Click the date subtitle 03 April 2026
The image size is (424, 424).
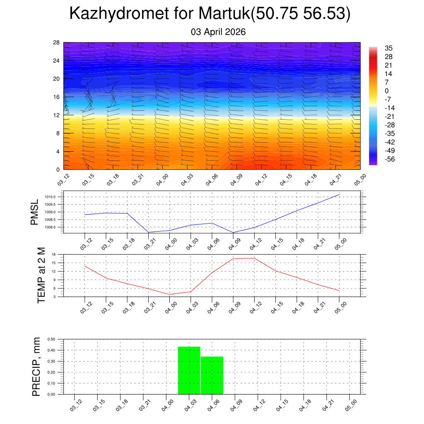point(218,32)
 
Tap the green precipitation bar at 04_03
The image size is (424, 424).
point(189,370)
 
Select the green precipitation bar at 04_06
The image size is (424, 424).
point(212,375)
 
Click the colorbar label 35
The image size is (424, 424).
point(388,48)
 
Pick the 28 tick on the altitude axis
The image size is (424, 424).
point(56,43)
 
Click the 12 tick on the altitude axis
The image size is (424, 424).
point(56,115)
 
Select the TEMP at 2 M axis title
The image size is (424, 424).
point(41,276)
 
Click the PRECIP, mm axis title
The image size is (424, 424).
point(36,367)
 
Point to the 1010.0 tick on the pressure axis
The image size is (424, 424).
point(51,197)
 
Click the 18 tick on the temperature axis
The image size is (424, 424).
point(54,254)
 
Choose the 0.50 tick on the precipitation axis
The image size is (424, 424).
point(51,339)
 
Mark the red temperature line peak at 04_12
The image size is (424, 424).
point(254,258)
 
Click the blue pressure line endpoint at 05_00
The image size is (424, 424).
point(339,194)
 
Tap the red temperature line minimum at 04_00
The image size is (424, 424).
point(169,294)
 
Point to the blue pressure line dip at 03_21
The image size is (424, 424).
point(148,232)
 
